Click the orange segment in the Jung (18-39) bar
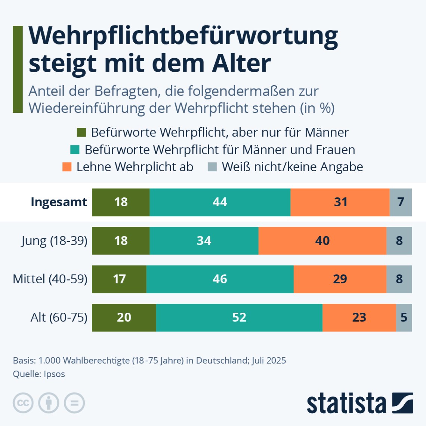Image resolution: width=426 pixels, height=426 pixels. pos(322,241)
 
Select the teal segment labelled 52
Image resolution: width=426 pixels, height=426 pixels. pos(239,317)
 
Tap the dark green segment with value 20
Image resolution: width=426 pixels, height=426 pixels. pos(124,317)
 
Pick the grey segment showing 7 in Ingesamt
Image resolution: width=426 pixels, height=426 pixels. pos(401,202)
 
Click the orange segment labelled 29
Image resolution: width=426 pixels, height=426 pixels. pos(340,279)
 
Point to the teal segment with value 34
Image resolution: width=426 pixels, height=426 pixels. pos(204,241)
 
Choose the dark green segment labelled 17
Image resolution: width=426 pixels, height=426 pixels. pos(119,279)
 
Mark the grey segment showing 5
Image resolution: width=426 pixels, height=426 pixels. pos(404,317)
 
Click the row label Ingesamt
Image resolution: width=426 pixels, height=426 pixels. pos(59,202)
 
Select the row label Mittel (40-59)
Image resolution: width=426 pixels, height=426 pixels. pos(50,279)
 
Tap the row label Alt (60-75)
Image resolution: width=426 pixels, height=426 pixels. pos(59,317)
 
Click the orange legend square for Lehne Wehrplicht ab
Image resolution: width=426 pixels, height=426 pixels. pos(67,167)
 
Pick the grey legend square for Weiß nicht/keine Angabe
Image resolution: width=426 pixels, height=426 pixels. pos(212,167)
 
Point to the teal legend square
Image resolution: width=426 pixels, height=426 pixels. pos(75,150)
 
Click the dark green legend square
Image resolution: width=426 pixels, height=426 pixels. pos(81,133)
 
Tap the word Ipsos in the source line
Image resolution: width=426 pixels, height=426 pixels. pos(54,374)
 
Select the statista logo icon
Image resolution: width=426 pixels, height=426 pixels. pos(402,403)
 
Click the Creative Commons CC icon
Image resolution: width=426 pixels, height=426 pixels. pos(23,403)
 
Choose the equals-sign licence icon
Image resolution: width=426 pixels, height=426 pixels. pos(74,403)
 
